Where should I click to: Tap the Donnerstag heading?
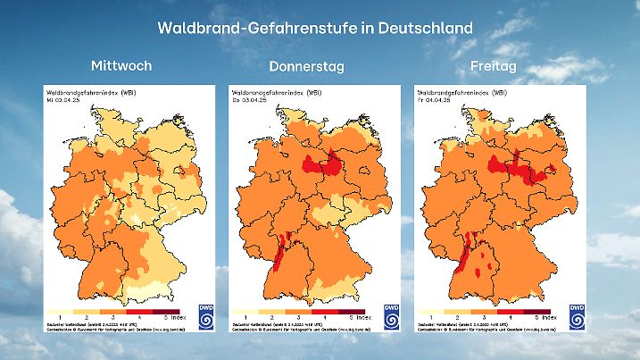point(306,66)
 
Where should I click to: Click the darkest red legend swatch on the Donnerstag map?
point(353,311)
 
